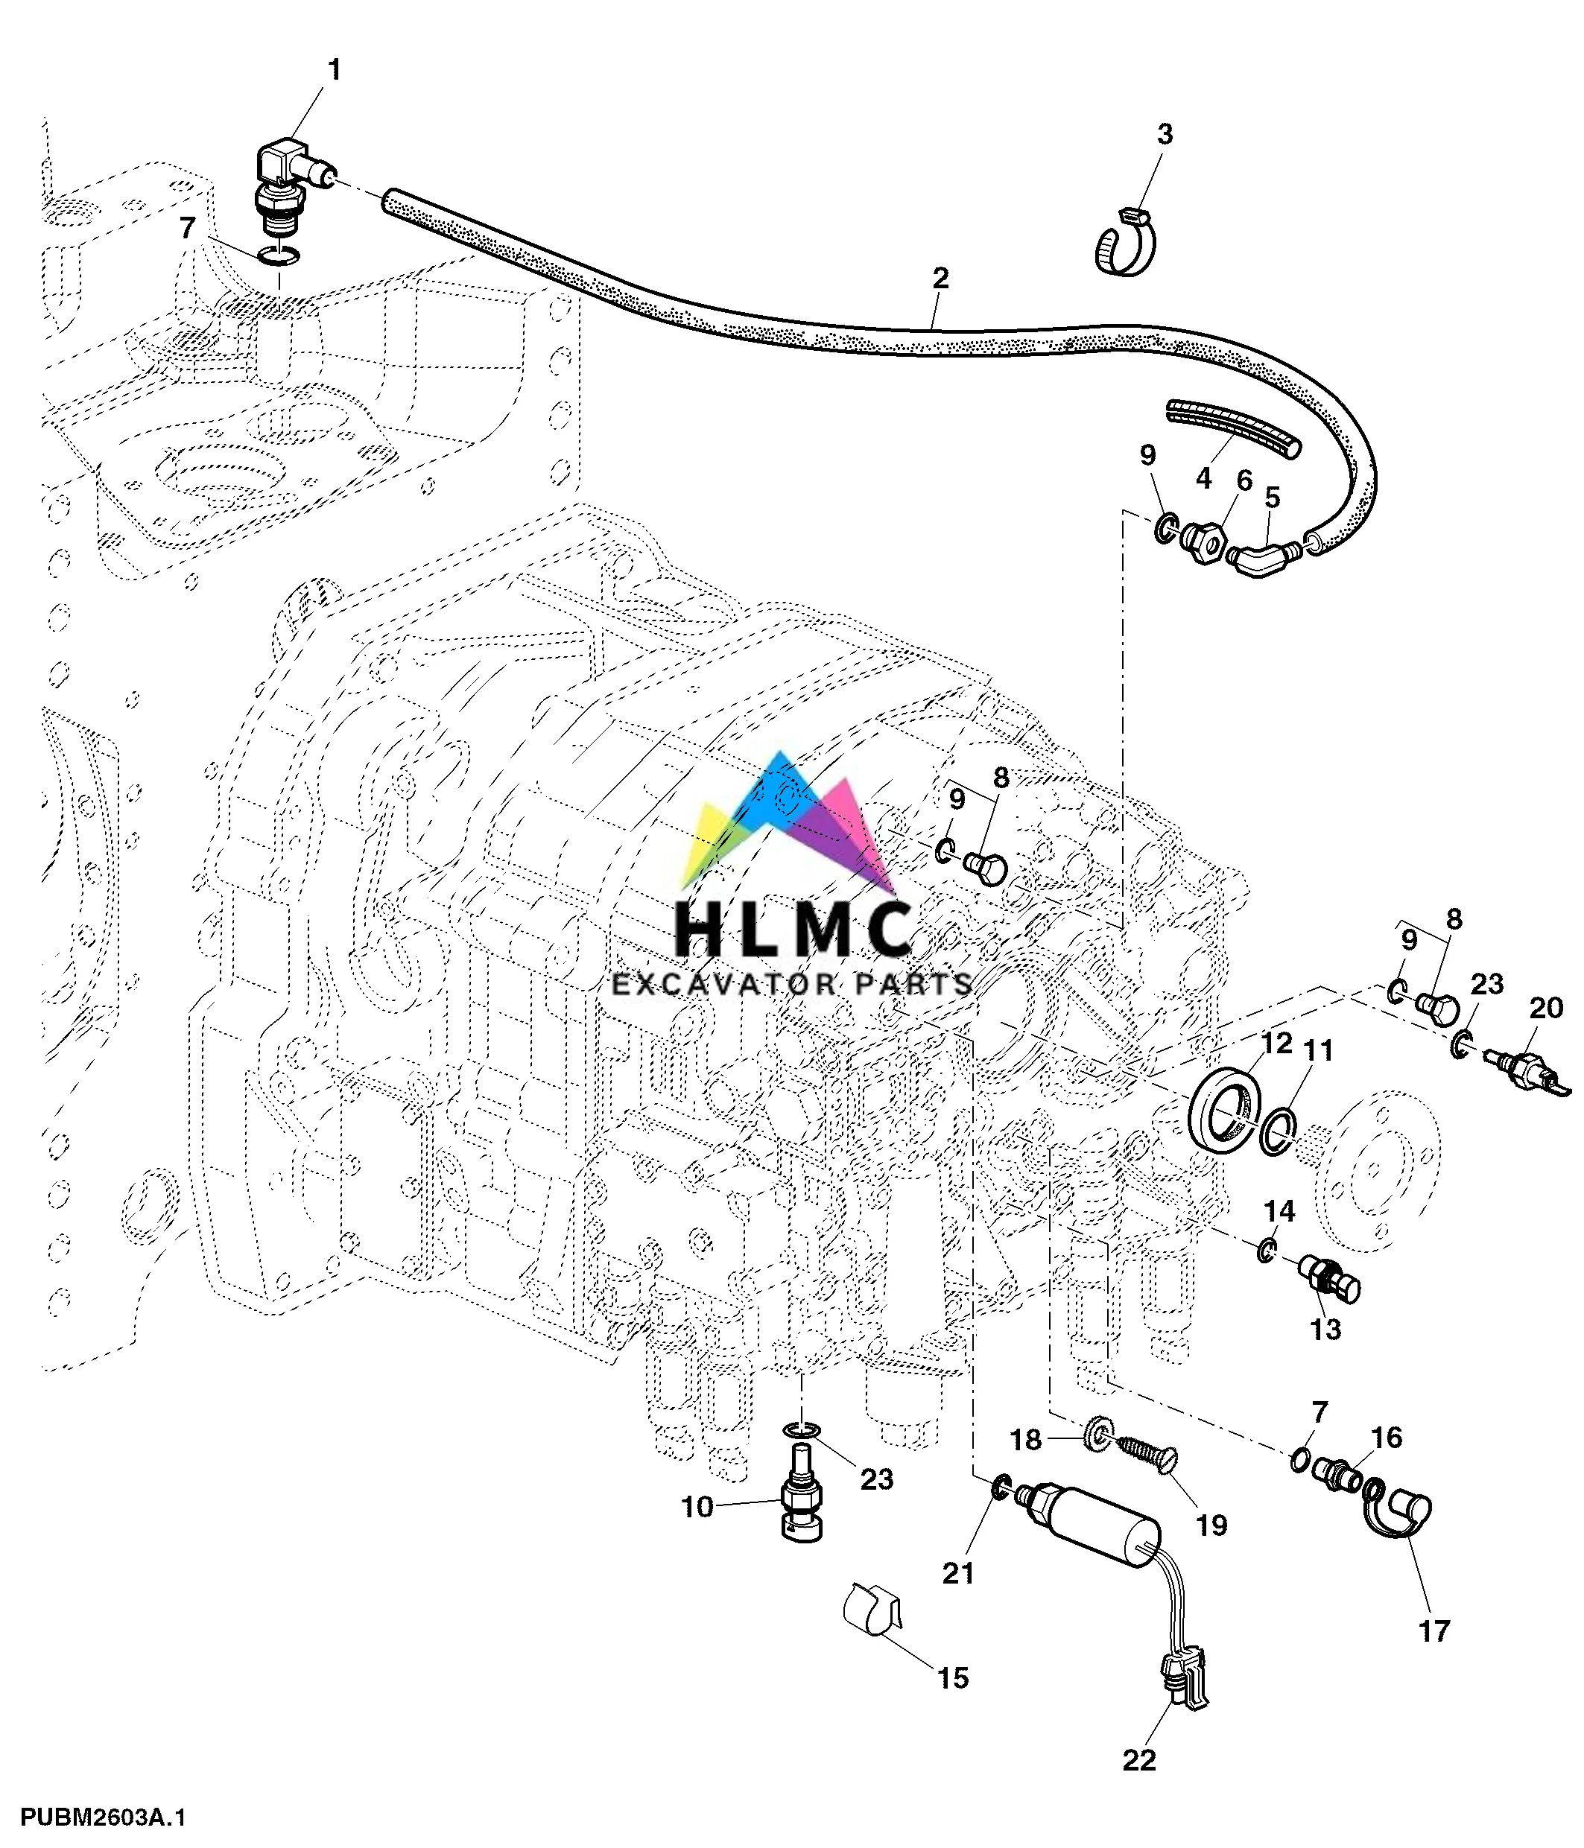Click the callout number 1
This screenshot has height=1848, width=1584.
[x=335, y=69]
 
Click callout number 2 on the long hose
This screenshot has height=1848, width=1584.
[x=940, y=279]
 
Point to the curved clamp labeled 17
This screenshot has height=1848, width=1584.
[x=1397, y=1514]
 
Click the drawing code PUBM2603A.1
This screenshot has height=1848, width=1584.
[x=104, y=1817]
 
